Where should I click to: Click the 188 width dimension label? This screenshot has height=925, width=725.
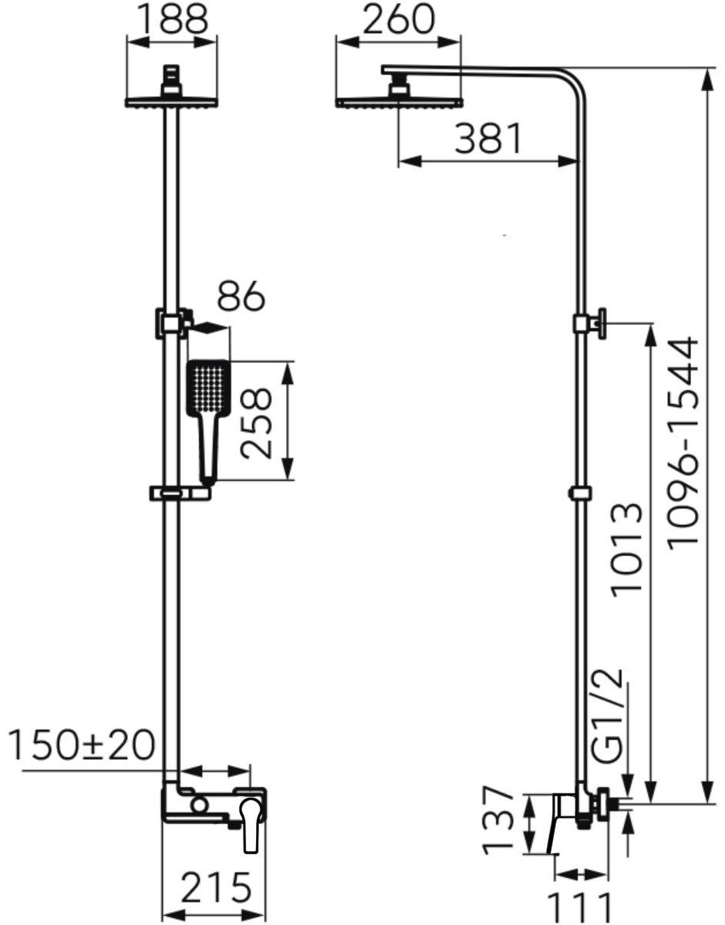(174, 19)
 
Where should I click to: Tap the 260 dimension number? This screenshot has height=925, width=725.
(399, 19)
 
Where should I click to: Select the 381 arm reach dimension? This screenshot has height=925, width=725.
(488, 139)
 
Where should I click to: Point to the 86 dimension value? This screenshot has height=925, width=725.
(241, 295)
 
